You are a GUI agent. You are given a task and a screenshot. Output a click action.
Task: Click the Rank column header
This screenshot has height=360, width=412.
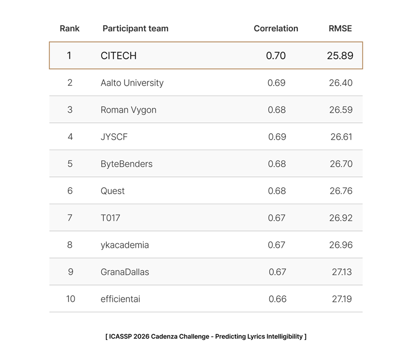(69, 28)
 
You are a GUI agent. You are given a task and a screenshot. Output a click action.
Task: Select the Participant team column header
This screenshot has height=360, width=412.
(135, 28)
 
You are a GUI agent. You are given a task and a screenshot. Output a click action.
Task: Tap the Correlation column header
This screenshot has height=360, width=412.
(276, 28)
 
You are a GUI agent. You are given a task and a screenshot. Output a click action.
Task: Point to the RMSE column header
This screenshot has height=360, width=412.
(340, 28)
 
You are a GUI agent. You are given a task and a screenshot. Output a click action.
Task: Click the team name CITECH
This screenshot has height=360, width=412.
(119, 56)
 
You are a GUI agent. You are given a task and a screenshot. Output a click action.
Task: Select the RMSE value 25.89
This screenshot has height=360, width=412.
(340, 56)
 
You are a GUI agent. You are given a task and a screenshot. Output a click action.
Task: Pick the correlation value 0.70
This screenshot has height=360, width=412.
(276, 56)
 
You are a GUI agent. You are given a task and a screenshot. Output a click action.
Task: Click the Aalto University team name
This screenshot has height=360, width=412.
(132, 83)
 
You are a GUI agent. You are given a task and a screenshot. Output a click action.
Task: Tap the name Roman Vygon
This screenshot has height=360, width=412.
(128, 110)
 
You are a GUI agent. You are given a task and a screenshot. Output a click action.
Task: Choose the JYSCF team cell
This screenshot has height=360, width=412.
(114, 137)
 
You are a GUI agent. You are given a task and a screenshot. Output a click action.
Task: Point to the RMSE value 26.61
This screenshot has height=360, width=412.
(342, 137)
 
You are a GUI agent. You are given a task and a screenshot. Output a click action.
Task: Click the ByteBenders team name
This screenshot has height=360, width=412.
(126, 164)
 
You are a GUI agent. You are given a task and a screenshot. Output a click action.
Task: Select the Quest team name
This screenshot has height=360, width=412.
(113, 191)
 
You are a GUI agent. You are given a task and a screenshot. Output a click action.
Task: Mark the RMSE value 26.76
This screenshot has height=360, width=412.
(341, 191)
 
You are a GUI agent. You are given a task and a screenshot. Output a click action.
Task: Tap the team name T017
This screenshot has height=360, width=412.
(110, 218)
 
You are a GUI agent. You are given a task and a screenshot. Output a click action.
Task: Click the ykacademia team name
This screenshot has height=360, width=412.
(125, 245)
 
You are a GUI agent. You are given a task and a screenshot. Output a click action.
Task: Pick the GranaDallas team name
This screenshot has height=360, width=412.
(125, 272)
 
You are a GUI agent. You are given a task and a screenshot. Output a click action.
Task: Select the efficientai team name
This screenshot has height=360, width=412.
(120, 299)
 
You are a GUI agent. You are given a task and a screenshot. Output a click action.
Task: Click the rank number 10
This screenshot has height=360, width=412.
(70, 299)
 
